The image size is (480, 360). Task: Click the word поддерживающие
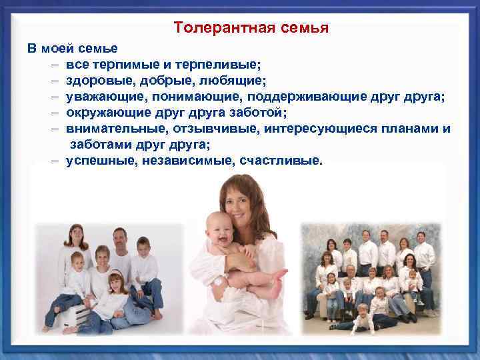coord(314,97)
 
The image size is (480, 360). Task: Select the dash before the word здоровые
coord(53,81)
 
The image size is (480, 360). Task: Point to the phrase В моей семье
coord(72,49)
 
